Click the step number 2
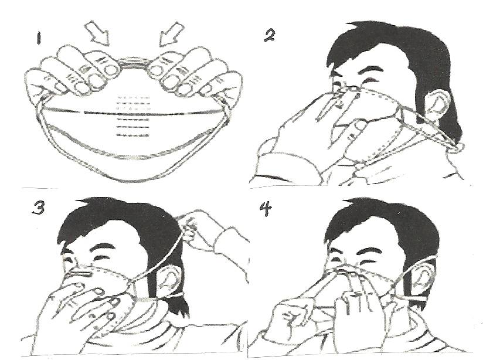269,35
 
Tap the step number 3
38,208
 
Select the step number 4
266,209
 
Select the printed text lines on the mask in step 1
132,116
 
